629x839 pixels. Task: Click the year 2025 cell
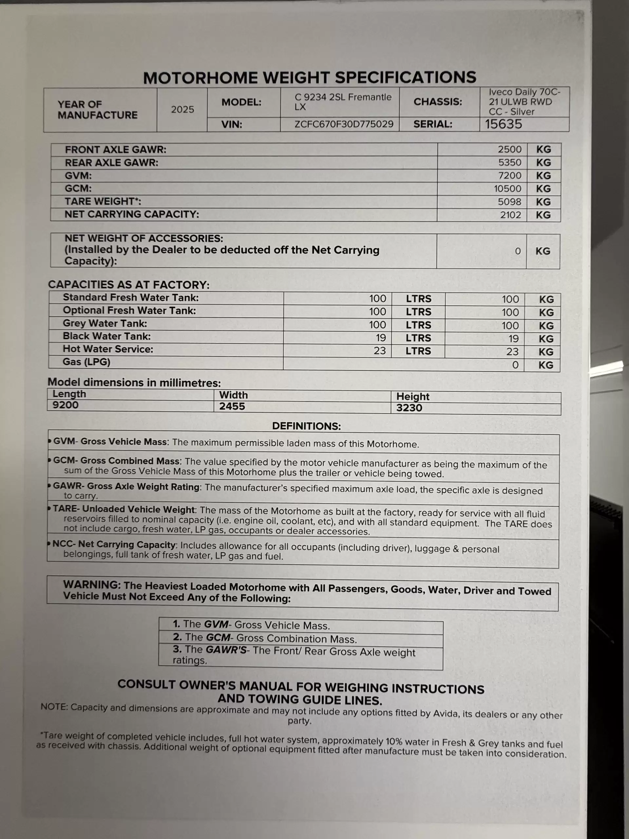pos(182,109)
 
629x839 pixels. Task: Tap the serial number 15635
pos(504,124)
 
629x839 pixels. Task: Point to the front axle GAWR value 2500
pos(509,149)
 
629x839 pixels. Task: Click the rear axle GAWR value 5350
pos(509,162)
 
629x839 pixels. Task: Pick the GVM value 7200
pos(509,176)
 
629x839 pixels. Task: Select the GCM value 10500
pos(507,188)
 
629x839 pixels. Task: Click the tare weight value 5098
pos(509,202)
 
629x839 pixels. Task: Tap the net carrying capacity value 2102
pos(510,215)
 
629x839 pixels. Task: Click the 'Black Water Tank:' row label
pos(106,337)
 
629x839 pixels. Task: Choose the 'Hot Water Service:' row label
pos(108,349)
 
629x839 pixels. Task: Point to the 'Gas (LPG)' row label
pos(86,362)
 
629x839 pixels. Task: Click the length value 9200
pos(65,405)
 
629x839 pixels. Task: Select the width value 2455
pos(232,407)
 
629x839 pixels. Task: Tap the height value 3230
pos(409,408)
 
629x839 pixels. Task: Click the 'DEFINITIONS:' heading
pos(306,426)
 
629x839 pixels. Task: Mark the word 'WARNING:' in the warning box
pos(92,585)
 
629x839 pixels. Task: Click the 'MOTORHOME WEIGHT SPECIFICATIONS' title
pos(309,78)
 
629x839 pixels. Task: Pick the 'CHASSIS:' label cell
pos(438,102)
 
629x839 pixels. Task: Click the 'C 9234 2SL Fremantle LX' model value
pos(343,102)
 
